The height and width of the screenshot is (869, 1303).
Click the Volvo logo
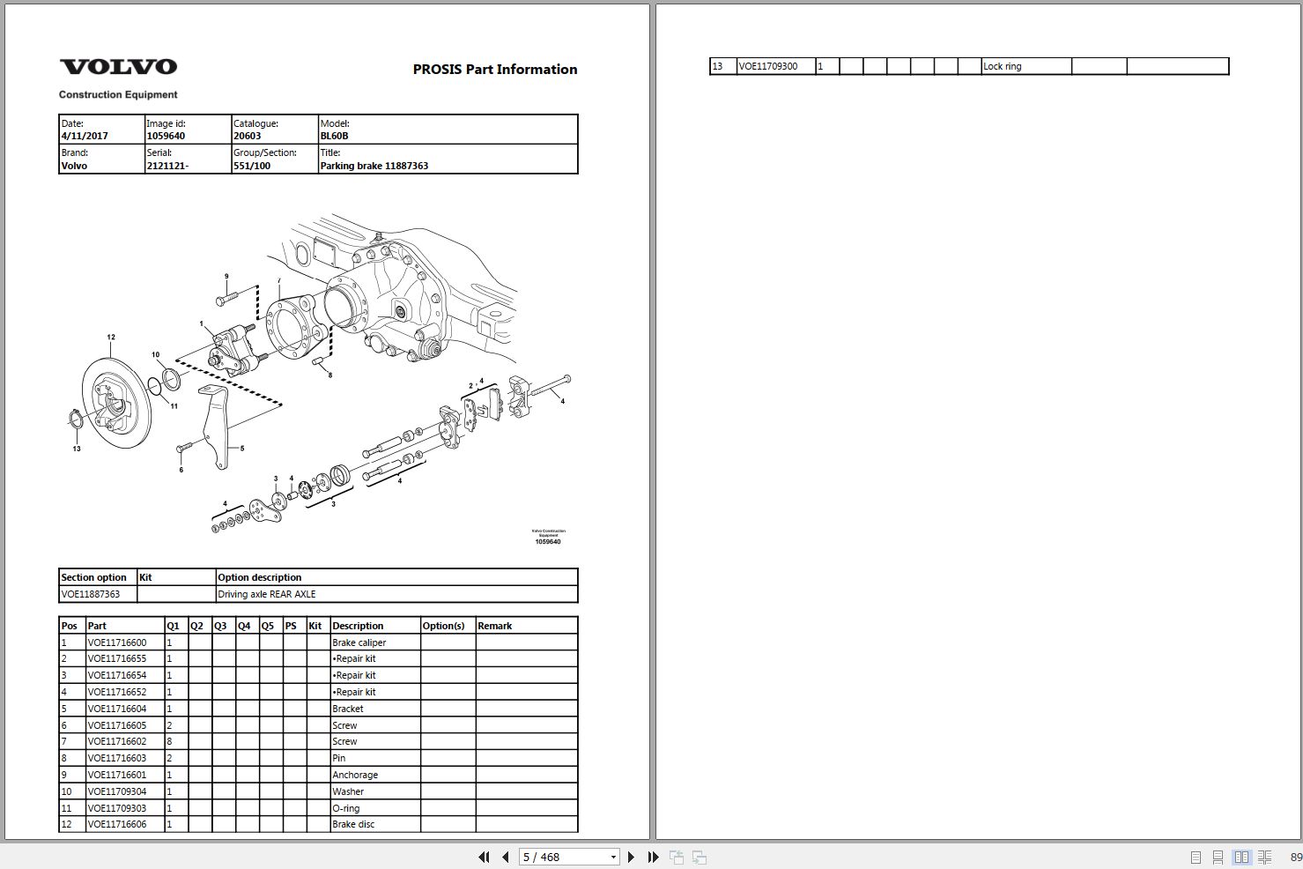tap(118, 66)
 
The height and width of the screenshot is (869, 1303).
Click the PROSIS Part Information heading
tap(495, 70)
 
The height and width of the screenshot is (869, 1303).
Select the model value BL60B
tap(334, 136)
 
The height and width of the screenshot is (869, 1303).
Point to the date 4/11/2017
tap(85, 136)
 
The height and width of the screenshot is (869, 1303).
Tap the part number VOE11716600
tap(117, 642)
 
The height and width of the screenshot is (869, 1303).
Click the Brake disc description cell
tap(353, 824)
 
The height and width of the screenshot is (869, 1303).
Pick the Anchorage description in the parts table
tap(355, 775)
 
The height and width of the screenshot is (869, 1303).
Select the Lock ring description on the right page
tap(1002, 66)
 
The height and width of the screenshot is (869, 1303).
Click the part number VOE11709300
tap(768, 66)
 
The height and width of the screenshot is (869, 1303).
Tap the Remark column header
tap(494, 626)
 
